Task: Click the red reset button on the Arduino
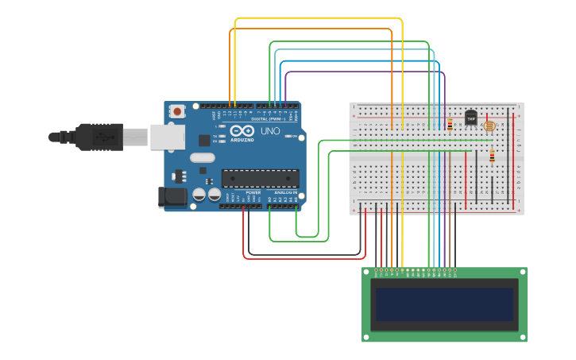(176, 112)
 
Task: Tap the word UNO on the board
(270, 131)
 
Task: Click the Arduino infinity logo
(244, 131)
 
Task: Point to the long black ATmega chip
(261, 179)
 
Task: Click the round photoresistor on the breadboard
(489, 126)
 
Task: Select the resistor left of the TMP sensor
(450, 124)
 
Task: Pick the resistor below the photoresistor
(492, 157)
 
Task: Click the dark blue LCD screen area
(444, 304)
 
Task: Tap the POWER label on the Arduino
(253, 192)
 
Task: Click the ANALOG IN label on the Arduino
(285, 192)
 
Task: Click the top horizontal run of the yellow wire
(318, 17)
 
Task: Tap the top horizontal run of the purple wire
(365, 72)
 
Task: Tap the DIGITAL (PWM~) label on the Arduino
(269, 118)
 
